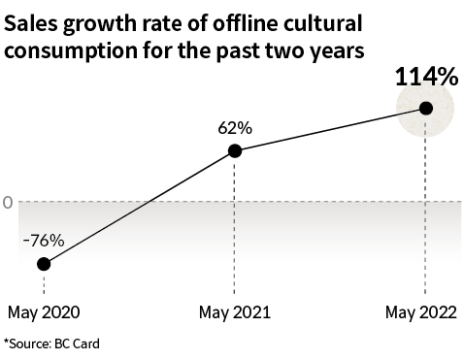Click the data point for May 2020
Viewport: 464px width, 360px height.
[43, 264]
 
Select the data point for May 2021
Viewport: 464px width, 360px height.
[234, 150]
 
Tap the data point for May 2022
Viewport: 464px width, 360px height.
[425, 108]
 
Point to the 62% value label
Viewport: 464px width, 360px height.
[234, 126]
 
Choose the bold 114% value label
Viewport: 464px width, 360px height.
[425, 77]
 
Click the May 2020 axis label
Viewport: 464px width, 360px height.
[43, 313]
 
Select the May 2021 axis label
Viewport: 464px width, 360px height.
[234, 313]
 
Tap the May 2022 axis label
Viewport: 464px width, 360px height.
[424, 313]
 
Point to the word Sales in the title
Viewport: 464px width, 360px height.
[32, 23]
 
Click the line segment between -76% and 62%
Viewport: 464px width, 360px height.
[138, 208]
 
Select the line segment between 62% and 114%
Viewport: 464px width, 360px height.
[330, 129]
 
